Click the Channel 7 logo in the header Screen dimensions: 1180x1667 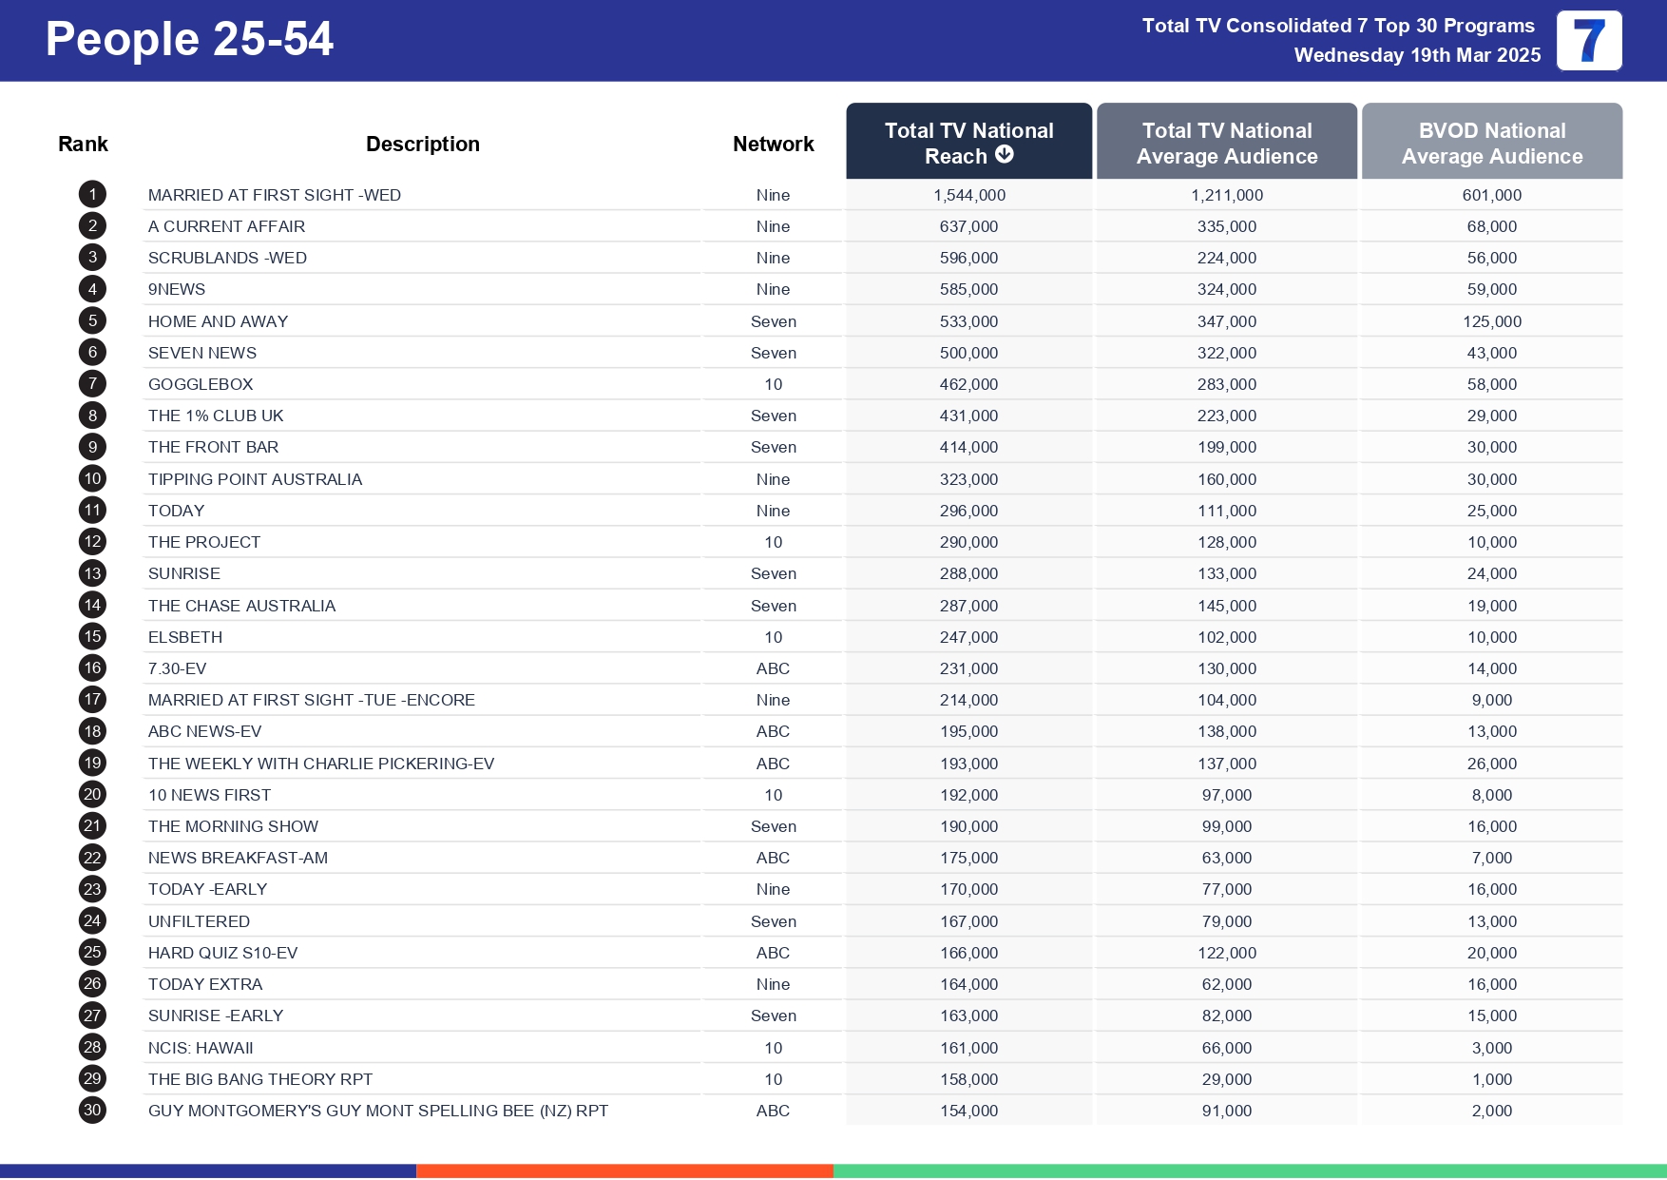(x=1588, y=41)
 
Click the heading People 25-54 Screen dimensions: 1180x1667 (x=189, y=39)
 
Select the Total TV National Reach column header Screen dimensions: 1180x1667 (x=968, y=142)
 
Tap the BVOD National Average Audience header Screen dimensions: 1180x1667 (x=1491, y=143)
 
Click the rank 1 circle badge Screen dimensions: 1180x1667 (x=92, y=195)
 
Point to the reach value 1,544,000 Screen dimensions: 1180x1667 (x=968, y=195)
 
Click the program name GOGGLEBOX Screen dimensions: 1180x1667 (x=201, y=384)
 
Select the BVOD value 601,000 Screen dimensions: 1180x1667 (x=1491, y=195)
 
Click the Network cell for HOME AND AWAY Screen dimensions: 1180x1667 (x=773, y=321)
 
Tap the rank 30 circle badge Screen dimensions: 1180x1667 (x=92, y=1110)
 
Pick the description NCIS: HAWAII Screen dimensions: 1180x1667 (x=201, y=1048)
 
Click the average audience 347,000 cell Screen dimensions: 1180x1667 (x=1226, y=321)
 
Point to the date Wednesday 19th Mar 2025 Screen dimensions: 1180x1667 (x=1416, y=55)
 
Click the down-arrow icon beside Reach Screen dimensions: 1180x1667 (x=1005, y=155)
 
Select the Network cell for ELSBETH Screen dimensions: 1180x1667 (x=773, y=637)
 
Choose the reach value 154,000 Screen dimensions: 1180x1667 (x=968, y=1111)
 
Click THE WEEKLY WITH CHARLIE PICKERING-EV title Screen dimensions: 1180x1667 (x=321, y=764)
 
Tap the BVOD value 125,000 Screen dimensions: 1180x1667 (x=1491, y=321)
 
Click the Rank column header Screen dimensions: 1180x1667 (x=83, y=144)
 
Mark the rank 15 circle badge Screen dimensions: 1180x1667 (x=92, y=636)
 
